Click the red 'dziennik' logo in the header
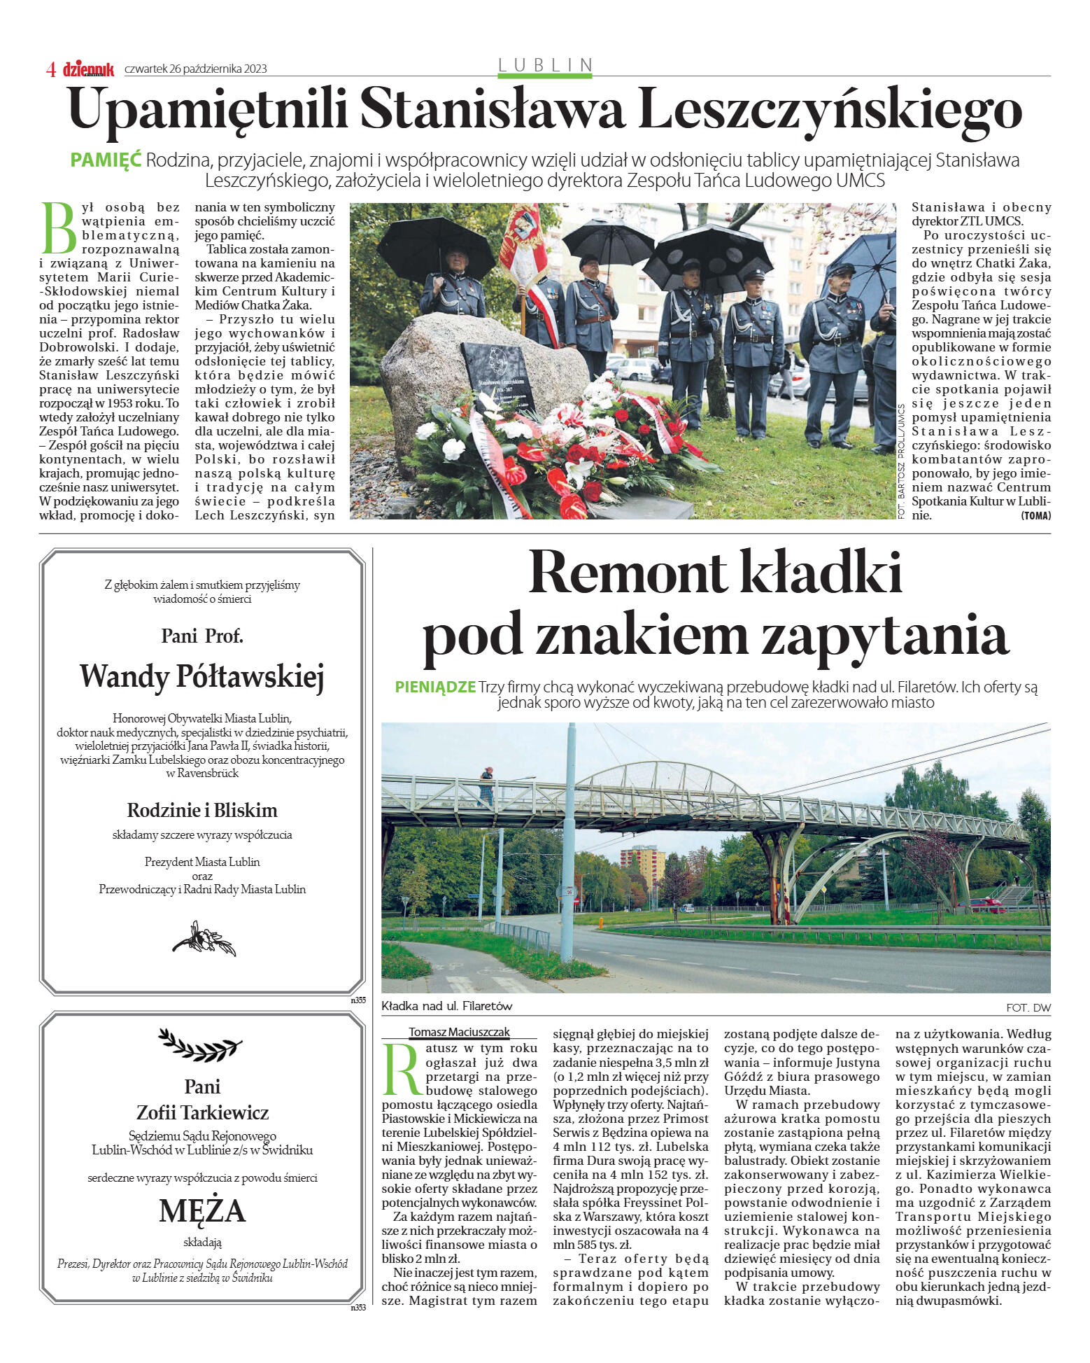point(88,69)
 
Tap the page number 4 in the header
point(50,69)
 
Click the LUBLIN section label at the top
point(546,65)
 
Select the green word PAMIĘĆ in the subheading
point(106,160)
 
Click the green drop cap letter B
point(58,228)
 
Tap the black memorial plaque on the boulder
point(497,377)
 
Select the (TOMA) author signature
point(1035,516)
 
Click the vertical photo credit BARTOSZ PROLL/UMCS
point(901,461)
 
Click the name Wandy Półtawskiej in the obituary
point(201,676)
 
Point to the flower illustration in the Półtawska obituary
point(204,939)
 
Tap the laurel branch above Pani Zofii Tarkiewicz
point(200,1047)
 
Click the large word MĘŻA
point(202,1211)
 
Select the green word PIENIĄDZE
point(435,687)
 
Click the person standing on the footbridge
point(486,785)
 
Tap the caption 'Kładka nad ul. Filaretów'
point(447,1006)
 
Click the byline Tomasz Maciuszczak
point(459,1032)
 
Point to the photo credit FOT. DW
point(1028,1007)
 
